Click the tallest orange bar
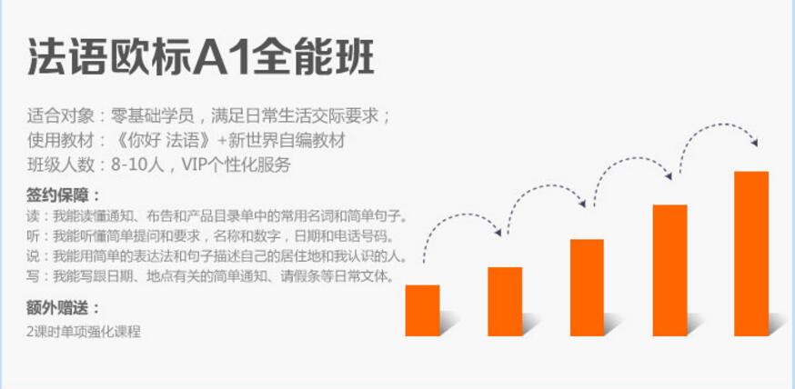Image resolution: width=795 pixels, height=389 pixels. (x=751, y=254)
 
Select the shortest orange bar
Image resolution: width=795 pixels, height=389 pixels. (x=422, y=311)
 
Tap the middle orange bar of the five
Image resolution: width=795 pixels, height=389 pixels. (x=587, y=288)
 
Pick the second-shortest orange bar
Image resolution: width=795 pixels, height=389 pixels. (x=505, y=302)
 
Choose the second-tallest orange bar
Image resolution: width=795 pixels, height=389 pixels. (x=669, y=271)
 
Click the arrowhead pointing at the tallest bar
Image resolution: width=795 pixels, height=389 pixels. (x=754, y=143)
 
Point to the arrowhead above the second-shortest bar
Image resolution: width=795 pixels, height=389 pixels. (x=498, y=233)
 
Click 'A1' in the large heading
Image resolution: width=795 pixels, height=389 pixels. (x=222, y=56)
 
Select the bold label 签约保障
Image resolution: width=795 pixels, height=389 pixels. (x=57, y=195)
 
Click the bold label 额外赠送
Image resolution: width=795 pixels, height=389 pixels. (x=57, y=307)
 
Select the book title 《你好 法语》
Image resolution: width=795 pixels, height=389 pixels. (x=162, y=141)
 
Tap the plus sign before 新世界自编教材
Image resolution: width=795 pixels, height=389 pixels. (x=222, y=141)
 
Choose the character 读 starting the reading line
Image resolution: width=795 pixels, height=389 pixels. (x=33, y=217)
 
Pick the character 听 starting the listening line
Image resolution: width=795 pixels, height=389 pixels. (x=33, y=236)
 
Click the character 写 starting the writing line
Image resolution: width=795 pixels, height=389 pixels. (x=33, y=276)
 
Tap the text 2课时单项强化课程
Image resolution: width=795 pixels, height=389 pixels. (x=84, y=332)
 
